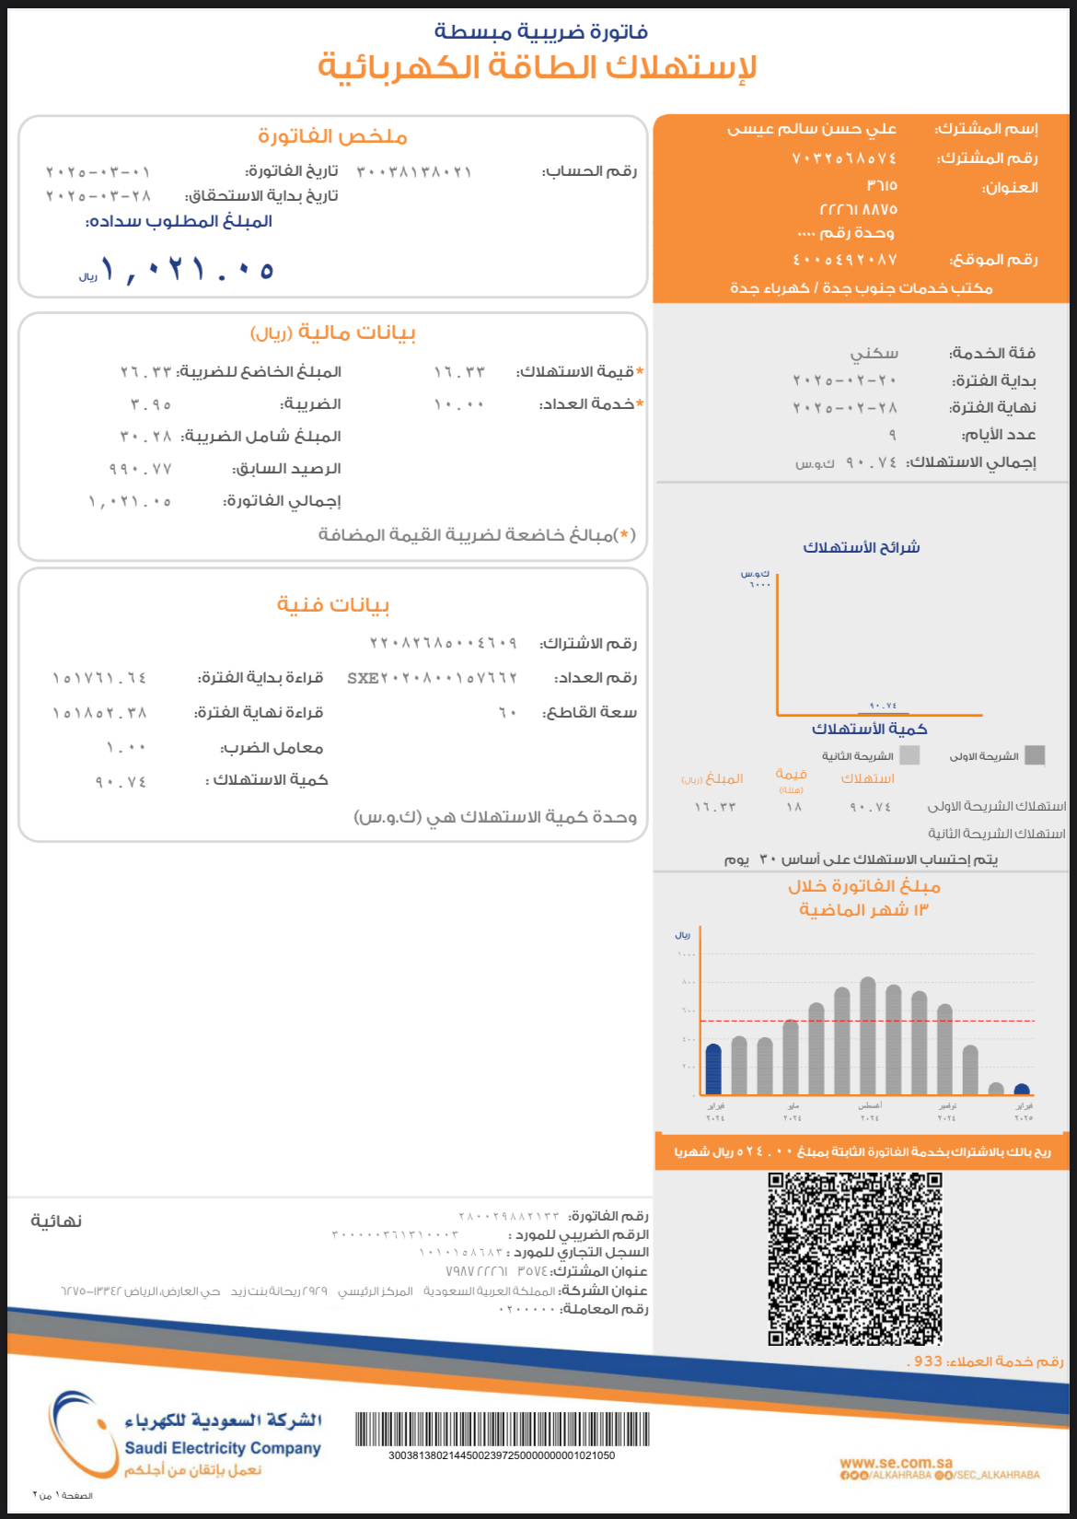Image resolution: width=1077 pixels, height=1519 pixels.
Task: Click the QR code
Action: click(855, 1258)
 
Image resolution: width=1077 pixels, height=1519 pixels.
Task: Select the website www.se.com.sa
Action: click(896, 1462)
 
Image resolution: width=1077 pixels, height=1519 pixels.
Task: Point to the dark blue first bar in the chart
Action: click(713, 1069)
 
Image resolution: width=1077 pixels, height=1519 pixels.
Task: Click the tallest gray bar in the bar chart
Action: click(867, 1035)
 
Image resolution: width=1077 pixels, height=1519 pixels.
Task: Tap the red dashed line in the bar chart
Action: click(865, 1021)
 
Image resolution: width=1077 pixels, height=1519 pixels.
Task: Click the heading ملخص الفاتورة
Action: click(332, 137)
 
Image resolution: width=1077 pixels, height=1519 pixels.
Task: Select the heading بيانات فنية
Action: click(333, 605)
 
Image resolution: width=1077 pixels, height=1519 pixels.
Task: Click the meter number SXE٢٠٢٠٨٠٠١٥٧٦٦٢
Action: click(432, 678)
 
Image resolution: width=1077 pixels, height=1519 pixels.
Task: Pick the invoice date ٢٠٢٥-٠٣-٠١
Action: click(98, 172)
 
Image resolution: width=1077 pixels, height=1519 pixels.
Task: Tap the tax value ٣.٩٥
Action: click(151, 404)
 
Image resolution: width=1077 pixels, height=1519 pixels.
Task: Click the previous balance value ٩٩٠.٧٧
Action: click(141, 469)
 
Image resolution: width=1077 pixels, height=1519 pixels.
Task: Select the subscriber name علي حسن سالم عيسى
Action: click(812, 129)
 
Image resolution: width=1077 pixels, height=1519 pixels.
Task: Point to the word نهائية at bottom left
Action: click(56, 1221)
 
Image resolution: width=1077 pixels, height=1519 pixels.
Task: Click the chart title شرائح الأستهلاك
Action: click(862, 547)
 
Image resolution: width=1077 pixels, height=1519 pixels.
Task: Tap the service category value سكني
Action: click(874, 353)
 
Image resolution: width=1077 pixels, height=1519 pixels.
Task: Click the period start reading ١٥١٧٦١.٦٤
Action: click(99, 678)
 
